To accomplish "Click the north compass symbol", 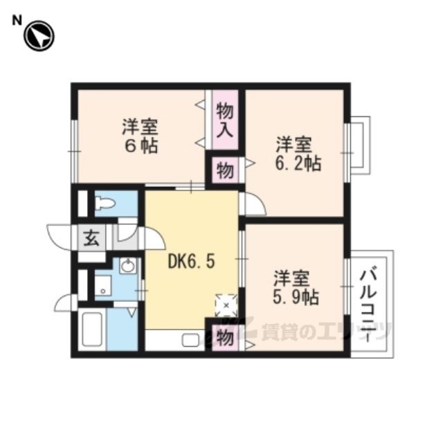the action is [39, 36].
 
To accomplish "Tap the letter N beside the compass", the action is [17, 21].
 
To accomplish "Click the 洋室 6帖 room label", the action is [140, 136].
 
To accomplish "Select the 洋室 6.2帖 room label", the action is [298, 154].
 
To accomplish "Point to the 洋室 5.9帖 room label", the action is [296, 288].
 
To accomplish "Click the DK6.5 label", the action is [191, 262].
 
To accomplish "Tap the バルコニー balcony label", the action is [369, 306].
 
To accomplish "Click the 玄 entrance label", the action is [91, 237].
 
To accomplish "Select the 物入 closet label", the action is [225, 120].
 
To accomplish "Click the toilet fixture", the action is [105, 204].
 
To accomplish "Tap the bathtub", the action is [92, 329].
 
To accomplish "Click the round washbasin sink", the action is [127, 266].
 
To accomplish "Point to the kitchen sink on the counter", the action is [191, 340].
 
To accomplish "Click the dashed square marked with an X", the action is [226, 305].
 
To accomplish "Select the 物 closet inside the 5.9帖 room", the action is [225, 337].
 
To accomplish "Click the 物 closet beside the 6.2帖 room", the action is [225, 170].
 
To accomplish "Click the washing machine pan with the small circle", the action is [103, 286].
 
